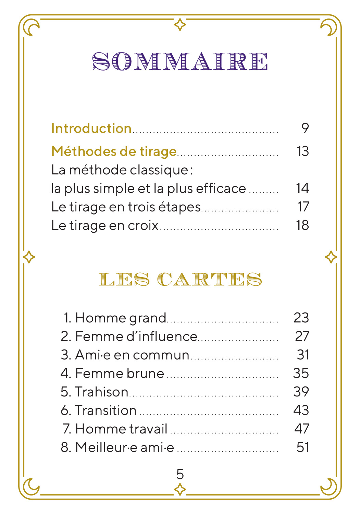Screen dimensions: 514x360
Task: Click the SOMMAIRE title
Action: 180,62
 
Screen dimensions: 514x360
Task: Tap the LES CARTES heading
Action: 180,279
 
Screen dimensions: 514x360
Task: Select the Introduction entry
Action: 91,128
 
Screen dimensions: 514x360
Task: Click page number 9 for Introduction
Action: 305,128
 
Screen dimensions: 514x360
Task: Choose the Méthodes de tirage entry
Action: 114,151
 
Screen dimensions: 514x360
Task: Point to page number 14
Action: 302,188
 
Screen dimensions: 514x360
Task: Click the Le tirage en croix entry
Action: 105,225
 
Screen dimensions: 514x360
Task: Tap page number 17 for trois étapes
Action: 303,207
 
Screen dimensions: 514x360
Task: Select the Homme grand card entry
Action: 115,318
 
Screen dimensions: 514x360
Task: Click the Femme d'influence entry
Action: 129,336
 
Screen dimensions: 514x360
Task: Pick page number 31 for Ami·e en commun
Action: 303,355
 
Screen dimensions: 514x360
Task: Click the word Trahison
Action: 101,392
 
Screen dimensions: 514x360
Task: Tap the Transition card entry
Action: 99,411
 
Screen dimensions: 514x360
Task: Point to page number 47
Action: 302,429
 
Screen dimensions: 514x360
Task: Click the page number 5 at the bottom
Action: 180,474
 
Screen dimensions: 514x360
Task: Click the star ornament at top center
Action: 180,25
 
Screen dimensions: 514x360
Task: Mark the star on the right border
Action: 331,257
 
